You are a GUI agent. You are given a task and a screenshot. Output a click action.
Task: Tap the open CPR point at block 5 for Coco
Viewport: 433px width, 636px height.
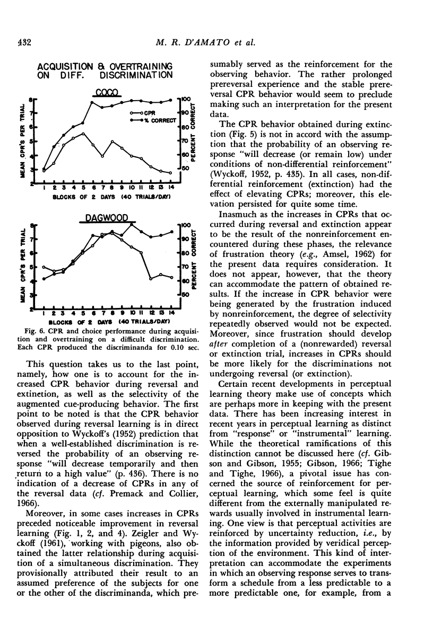[x=83, y=134]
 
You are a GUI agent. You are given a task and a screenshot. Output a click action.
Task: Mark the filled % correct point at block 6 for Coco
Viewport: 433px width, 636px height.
[x=92, y=102]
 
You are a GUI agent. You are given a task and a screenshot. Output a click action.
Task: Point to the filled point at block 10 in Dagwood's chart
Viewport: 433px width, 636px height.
[x=132, y=225]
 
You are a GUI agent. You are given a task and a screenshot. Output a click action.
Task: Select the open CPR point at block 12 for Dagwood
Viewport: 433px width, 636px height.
[x=151, y=278]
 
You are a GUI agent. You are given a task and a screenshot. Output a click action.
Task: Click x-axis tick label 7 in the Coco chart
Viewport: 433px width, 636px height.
[x=102, y=188]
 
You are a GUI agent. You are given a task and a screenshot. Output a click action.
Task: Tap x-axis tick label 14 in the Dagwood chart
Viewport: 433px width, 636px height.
[x=171, y=314]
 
